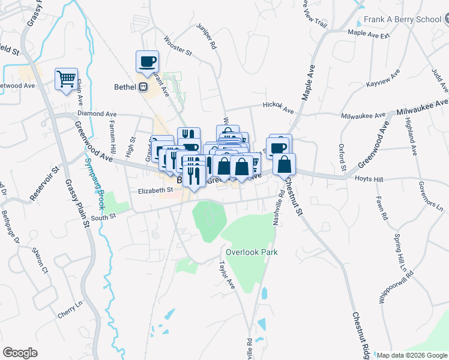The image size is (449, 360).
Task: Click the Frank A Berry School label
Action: [x=406, y=19]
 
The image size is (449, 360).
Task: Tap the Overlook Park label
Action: [x=252, y=253]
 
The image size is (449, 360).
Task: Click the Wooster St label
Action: [x=178, y=52]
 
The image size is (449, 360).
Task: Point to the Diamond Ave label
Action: [x=97, y=113]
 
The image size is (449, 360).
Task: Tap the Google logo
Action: [x=20, y=352]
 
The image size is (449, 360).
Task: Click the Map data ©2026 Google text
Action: [x=411, y=355]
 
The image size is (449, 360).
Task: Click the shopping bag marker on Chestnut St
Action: [x=285, y=164]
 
